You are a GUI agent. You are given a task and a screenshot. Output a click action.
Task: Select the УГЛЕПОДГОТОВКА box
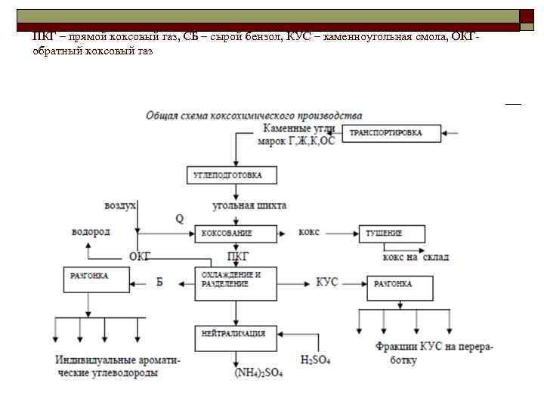233,175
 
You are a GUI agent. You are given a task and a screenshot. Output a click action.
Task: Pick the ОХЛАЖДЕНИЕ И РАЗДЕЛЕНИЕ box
236,280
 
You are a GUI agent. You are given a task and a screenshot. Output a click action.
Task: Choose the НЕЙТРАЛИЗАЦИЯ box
236,334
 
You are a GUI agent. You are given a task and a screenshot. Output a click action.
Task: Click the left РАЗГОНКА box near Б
94,280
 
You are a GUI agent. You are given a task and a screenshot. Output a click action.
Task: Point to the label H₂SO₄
315,360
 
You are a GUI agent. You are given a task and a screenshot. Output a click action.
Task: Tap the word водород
91,231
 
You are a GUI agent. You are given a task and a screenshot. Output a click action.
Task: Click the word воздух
120,205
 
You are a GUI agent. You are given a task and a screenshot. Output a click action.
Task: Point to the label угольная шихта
249,205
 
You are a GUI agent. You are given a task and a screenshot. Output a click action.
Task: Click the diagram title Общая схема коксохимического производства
254,116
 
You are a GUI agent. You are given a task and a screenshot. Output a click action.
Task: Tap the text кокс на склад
416,257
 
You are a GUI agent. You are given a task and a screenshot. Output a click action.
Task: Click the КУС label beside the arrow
326,283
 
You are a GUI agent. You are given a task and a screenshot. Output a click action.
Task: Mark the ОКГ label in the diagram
140,257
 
